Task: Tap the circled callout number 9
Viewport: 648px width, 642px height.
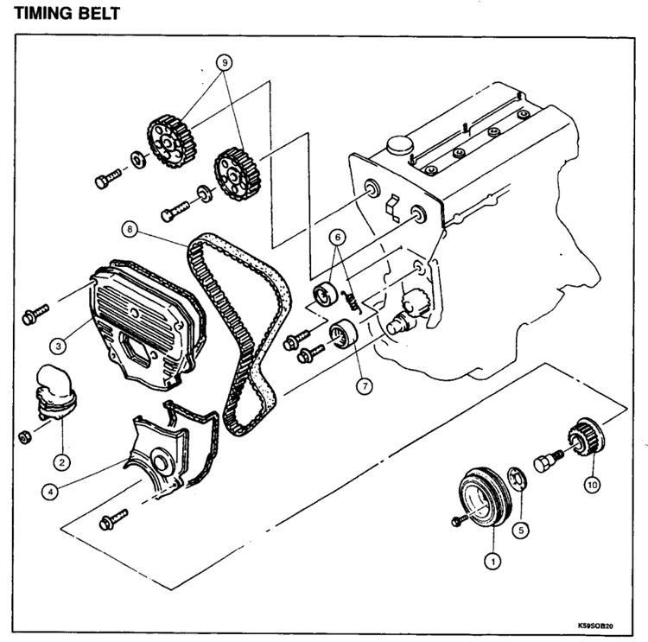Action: tap(225, 62)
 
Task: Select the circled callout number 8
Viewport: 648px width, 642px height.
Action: tap(130, 229)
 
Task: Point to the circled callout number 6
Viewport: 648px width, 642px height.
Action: tap(338, 237)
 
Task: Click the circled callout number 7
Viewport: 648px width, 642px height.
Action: tap(365, 386)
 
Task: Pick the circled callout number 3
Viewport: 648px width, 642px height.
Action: tap(58, 346)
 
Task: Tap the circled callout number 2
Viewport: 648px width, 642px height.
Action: tap(62, 461)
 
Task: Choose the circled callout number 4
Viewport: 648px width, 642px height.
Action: tap(50, 492)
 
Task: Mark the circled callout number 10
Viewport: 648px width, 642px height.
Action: tap(592, 485)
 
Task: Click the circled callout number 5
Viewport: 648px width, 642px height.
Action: tap(521, 530)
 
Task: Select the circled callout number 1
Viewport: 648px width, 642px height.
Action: tap(492, 561)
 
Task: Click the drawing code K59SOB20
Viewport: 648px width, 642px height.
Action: tap(595, 626)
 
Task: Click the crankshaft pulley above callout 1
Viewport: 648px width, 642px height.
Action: tap(486, 497)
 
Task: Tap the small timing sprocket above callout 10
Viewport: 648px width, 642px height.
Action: tap(587, 440)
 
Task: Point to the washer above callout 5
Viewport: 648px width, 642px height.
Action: tap(517, 480)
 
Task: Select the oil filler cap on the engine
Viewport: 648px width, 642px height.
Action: tap(400, 145)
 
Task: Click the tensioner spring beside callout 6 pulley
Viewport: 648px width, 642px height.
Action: tap(352, 301)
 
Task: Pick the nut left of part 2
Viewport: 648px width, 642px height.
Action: tap(25, 437)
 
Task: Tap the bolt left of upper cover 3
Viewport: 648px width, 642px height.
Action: tap(35, 315)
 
